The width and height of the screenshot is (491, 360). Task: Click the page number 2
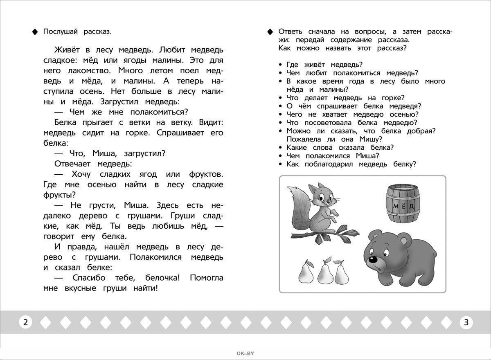click(x=25, y=322)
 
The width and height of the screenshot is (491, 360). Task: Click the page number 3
click(x=466, y=322)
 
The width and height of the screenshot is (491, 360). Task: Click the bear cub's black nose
click(x=373, y=259)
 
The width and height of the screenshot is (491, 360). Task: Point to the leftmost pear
click(x=305, y=272)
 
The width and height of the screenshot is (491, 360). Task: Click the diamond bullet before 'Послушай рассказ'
click(x=35, y=32)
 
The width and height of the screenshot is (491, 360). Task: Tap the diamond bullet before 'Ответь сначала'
click(x=270, y=32)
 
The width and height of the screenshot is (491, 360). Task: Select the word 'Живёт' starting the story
click(x=67, y=50)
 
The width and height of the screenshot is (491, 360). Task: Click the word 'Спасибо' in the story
click(x=89, y=278)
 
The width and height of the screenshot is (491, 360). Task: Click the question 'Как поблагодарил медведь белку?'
click(x=351, y=164)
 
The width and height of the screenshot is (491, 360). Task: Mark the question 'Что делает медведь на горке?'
click(x=345, y=98)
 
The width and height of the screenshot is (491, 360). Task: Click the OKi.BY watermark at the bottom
click(x=245, y=353)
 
